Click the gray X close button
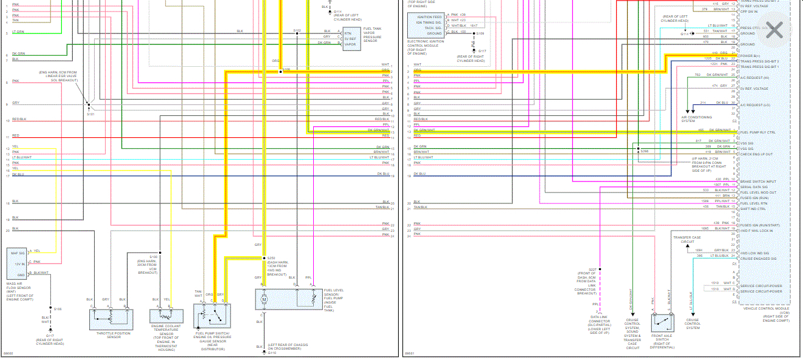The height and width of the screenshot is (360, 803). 774,30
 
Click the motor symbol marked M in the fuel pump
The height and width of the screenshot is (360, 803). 263,299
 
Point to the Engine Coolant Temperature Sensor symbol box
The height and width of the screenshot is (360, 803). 166,316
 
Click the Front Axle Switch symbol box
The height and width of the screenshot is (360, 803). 663,322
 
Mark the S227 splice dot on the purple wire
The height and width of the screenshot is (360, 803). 600,269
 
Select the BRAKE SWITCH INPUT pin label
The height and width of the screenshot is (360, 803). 757,182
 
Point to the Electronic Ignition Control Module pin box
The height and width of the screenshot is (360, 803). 425,24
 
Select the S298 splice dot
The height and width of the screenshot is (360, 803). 638,148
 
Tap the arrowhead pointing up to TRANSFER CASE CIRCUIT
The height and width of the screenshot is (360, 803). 673,234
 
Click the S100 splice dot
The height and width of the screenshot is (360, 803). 160,252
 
